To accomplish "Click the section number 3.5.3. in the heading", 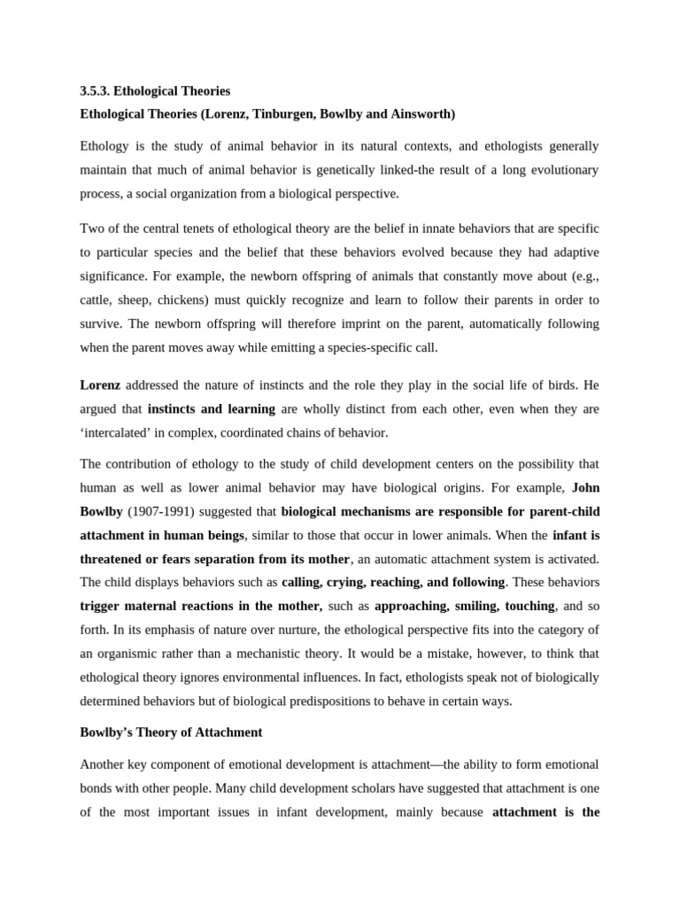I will point(95,91).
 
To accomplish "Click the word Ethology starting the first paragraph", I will point(104,146).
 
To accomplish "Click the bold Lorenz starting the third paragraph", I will point(100,386).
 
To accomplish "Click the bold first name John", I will point(585,487).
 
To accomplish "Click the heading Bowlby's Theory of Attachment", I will point(171,733).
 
